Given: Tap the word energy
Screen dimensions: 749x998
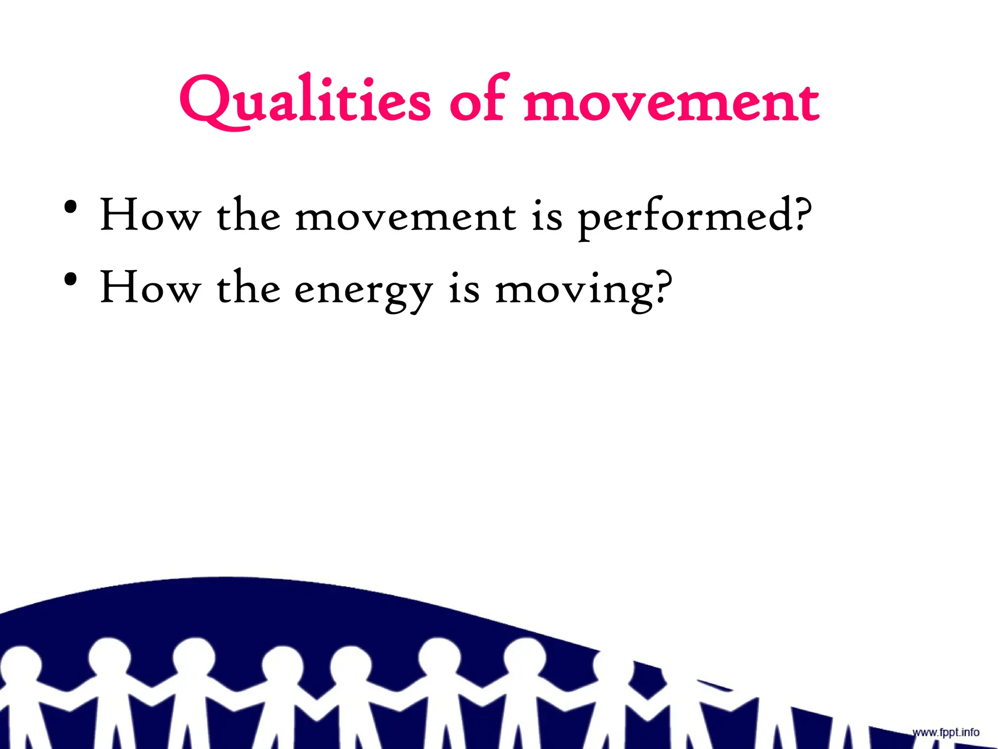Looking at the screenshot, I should (364, 290).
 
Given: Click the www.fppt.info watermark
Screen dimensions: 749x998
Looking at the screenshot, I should (945, 732).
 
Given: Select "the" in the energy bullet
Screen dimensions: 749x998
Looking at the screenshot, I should (249, 288).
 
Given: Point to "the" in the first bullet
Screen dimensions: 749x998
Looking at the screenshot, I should (249, 215).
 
